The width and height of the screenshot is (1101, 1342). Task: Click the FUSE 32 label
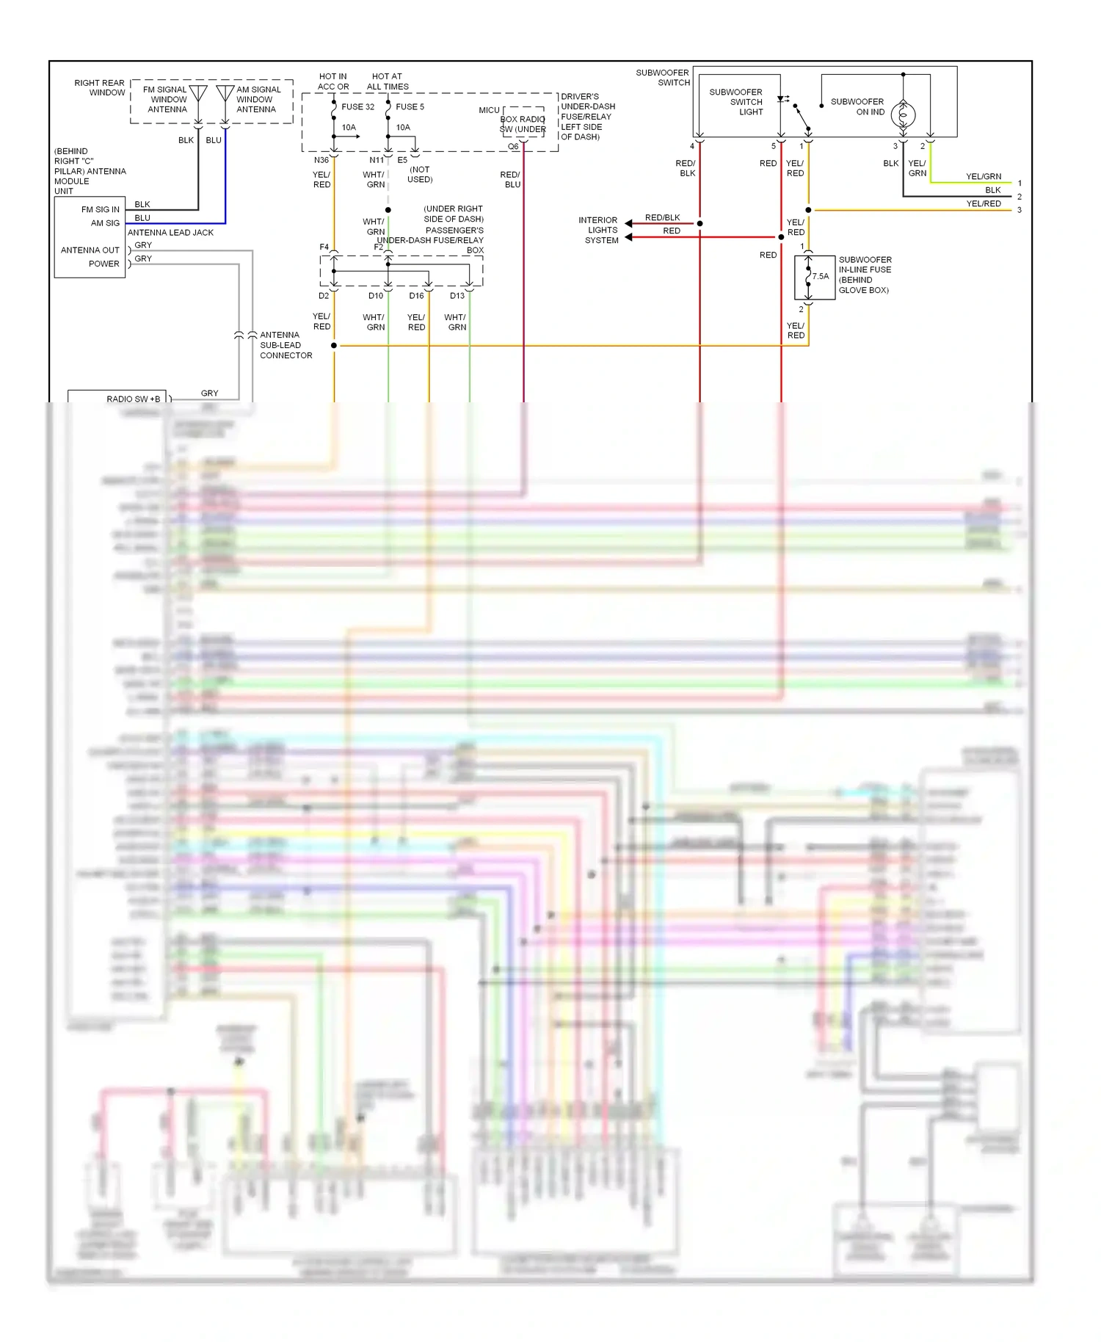357,106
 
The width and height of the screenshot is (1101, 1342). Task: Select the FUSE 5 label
410,106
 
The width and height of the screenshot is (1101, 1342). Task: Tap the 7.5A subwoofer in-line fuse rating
821,277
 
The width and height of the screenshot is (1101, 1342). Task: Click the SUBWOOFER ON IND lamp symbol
903,115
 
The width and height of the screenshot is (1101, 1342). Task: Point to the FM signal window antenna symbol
198,94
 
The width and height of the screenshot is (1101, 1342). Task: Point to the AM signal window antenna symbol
225,94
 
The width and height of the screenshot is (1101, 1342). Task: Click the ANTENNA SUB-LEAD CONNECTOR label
285,345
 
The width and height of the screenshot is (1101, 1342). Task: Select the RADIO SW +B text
133,399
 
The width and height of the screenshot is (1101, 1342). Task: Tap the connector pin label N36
321,160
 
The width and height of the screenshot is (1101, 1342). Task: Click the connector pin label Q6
513,147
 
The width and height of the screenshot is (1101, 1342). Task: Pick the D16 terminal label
416,296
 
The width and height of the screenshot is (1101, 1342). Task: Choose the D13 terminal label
457,296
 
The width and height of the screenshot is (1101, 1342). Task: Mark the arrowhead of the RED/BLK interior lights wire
628,223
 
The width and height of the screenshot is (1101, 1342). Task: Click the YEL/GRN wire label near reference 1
983,176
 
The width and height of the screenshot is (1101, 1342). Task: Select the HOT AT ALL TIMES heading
387,81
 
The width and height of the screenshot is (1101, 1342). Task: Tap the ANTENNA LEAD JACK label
170,233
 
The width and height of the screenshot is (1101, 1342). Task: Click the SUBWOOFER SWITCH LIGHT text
736,102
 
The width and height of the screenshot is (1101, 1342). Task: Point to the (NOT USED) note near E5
420,175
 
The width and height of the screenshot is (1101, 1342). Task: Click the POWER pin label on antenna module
103,264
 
